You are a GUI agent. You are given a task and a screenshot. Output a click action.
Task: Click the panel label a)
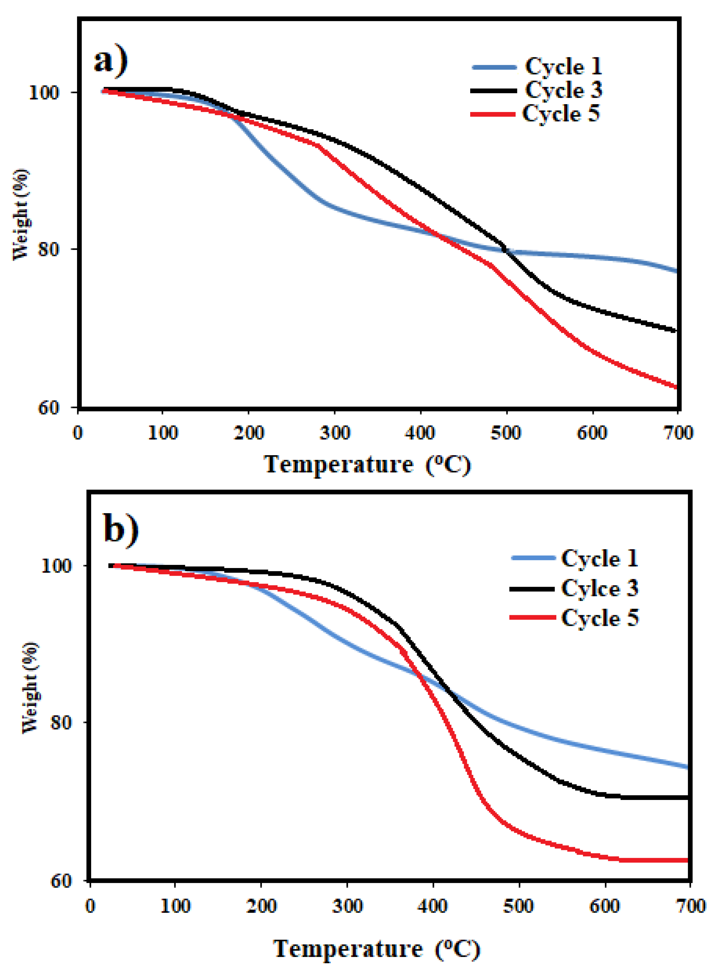(111, 62)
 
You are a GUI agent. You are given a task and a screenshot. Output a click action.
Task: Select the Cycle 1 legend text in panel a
(563, 67)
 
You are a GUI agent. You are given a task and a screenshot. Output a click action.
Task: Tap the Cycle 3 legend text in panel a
(563, 90)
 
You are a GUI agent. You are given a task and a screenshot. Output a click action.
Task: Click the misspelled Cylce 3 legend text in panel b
(599, 588)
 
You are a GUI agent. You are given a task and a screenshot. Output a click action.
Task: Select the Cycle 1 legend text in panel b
(599, 558)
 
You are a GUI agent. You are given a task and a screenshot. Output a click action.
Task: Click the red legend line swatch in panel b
(533, 617)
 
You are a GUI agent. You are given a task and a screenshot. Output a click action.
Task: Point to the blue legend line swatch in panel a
(494, 67)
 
